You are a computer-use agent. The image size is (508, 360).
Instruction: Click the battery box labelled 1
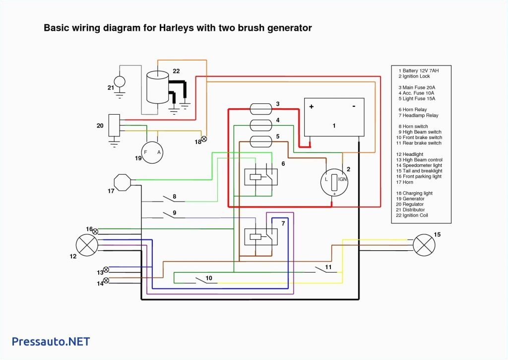click(334, 117)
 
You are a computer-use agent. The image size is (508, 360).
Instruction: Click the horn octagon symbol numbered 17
click(122, 182)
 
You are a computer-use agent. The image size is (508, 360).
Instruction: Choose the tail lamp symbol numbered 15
click(424, 244)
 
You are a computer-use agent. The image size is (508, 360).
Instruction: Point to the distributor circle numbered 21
click(120, 81)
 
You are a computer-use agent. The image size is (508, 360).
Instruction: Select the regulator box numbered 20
click(115, 125)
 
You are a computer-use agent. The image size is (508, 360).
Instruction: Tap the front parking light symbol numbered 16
click(95, 231)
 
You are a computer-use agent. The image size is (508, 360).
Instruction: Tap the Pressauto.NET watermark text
click(51, 342)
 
